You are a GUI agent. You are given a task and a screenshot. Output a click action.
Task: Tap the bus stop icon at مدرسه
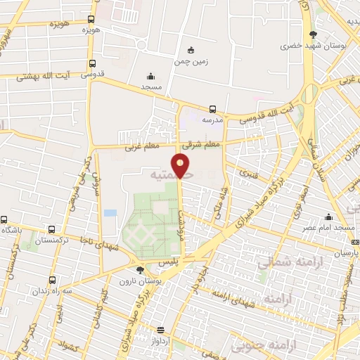coord(212,109)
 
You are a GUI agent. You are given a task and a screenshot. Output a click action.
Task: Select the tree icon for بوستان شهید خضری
coord(313,34)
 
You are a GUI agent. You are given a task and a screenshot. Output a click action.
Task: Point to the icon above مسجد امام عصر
coord(328,217)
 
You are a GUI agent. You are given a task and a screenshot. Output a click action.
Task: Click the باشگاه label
coord(13,231)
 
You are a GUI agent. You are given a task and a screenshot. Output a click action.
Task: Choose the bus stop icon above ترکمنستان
coord(52,229)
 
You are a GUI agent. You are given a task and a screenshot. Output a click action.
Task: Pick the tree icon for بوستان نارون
coord(141,269)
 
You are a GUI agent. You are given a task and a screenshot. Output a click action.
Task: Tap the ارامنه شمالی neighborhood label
coord(281,264)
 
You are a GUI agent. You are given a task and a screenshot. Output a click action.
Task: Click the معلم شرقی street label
coord(201,144)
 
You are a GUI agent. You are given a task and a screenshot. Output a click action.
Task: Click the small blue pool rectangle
coord(110,212)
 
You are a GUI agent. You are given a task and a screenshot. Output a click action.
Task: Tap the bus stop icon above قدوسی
coord(91,62)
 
